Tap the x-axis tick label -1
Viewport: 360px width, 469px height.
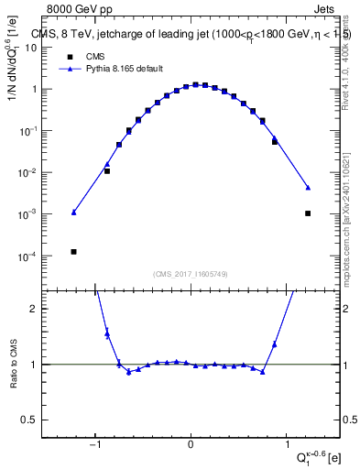pyautogui.click(x=94, y=446)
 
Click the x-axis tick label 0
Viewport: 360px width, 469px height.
pyautogui.click(x=191, y=446)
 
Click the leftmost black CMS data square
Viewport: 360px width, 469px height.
pyautogui.click(x=73, y=252)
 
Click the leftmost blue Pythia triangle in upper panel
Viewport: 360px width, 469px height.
pyautogui.click(x=73, y=213)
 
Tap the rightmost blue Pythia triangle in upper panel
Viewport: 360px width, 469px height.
pyautogui.click(x=308, y=188)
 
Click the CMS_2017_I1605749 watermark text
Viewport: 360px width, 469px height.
pyautogui.click(x=191, y=274)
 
